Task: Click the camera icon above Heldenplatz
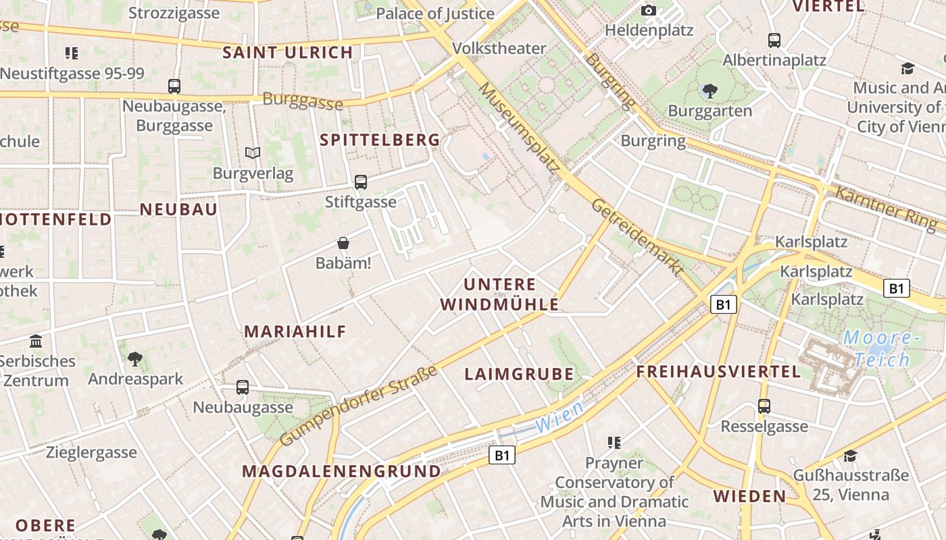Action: point(649,10)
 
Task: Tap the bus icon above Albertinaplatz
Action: point(774,40)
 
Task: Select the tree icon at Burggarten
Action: point(709,90)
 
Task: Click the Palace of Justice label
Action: point(435,13)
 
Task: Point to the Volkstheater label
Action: point(499,49)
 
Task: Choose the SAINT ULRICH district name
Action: point(288,53)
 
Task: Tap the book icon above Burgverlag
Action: point(253,153)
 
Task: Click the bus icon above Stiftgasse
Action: point(361,182)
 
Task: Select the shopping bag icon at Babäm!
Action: point(343,243)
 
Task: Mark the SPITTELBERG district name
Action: point(380,140)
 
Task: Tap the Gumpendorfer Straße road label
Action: point(358,405)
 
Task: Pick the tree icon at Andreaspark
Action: point(135,358)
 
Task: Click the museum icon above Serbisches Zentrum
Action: point(36,341)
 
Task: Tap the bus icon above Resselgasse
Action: point(764,406)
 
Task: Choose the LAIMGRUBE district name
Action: point(519,374)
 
